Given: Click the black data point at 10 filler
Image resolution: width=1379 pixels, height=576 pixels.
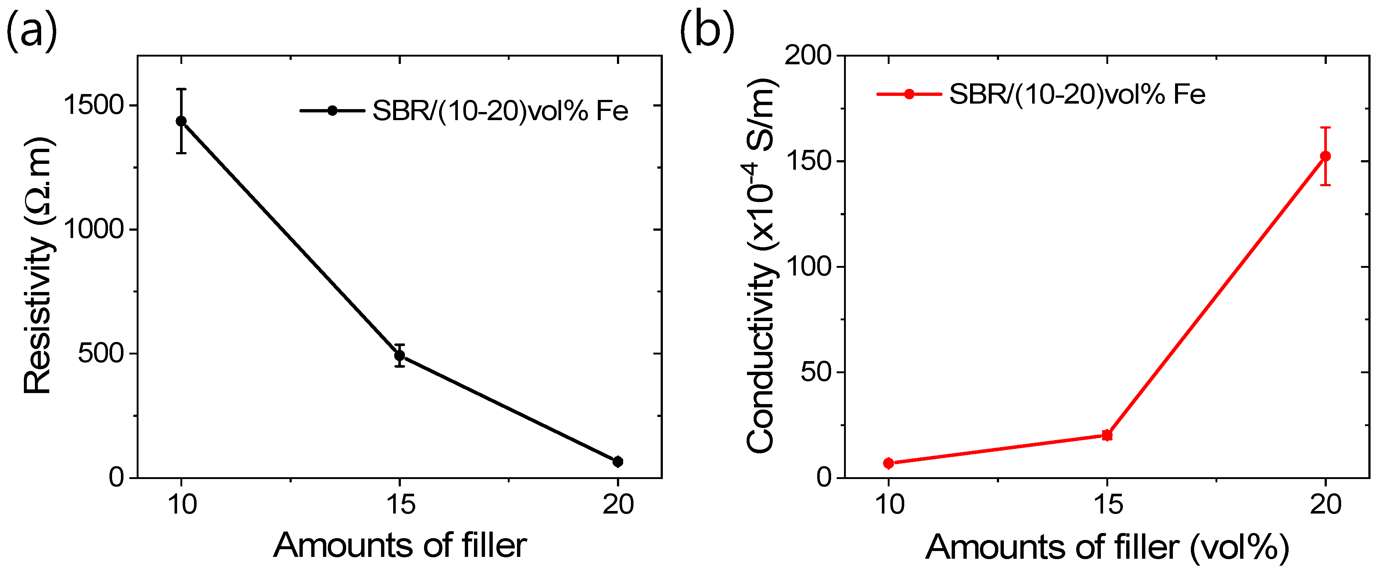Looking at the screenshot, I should [x=182, y=121].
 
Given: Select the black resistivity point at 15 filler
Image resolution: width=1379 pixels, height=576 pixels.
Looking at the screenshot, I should [x=399, y=355].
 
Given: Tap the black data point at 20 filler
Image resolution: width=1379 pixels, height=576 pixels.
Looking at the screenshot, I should [x=617, y=461].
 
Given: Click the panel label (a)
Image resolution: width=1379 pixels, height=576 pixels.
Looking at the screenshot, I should [x=31, y=32].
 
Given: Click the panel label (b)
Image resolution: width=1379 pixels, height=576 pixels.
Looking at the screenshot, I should [x=707, y=32].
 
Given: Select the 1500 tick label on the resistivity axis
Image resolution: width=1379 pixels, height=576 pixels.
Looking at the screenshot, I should [x=94, y=105].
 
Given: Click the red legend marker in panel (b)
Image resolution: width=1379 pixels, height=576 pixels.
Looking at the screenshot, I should [x=909, y=94].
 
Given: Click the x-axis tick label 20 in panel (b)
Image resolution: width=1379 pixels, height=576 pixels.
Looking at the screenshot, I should [x=1325, y=504].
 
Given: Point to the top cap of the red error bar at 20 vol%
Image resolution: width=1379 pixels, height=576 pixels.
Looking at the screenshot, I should [x=1325, y=127].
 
